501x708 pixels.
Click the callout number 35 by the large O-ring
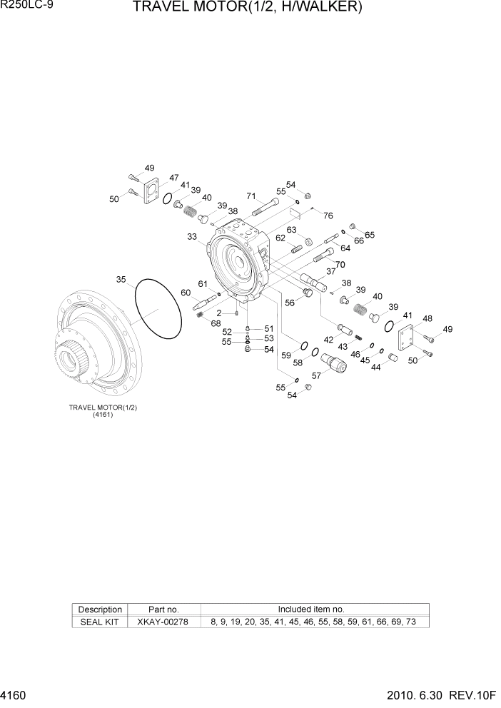pyautogui.click(x=121, y=279)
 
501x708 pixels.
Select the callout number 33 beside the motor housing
pyautogui.click(x=192, y=236)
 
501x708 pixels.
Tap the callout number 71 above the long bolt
pyautogui.click(x=251, y=196)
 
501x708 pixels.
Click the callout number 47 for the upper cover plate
pyautogui.click(x=173, y=178)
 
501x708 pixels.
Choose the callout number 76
pyautogui.click(x=328, y=216)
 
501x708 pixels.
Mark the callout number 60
pyautogui.click(x=186, y=293)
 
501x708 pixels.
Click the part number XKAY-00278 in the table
pyautogui.click(x=163, y=622)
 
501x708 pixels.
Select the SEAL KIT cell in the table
pyautogui.click(x=100, y=622)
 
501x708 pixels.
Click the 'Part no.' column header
pyautogui.click(x=163, y=610)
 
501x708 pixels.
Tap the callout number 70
pyautogui.click(x=340, y=264)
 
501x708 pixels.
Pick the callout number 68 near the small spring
pyautogui.click(x=216, y=324)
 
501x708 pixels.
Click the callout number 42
pyautogui.click(x=329, y=340)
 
